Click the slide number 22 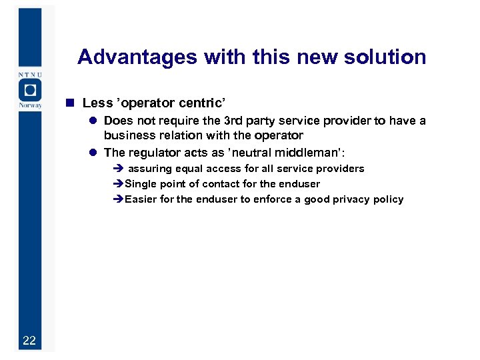(29, 341)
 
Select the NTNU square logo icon (29, 89)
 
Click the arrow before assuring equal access (118, 169)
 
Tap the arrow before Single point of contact (118, 184)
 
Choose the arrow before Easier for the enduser (118, 199)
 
